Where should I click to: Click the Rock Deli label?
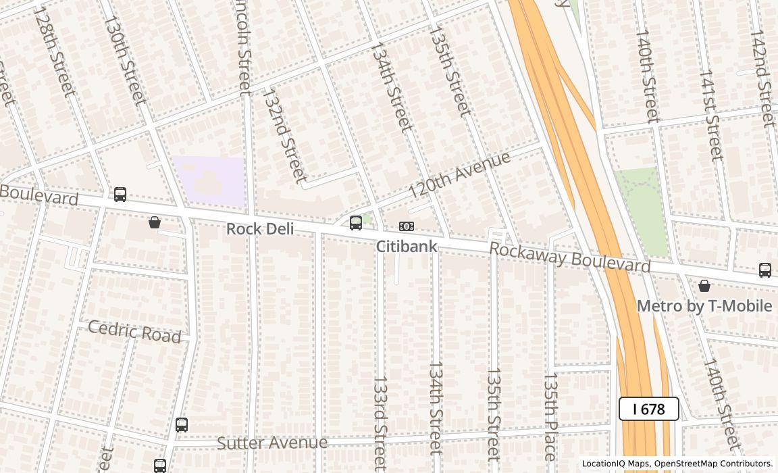coord(260,229)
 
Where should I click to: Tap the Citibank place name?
coord(407,247)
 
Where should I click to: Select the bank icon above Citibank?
coord(407,226)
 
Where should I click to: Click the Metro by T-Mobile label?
coord(704,306)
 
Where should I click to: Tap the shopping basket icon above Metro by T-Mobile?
coord(704,286)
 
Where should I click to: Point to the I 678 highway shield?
coord(649,409)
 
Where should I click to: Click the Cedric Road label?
coord(135,332)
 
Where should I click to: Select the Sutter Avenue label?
coord(272,443)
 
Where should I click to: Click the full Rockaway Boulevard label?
coord(569,257)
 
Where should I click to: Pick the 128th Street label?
coord(54,52)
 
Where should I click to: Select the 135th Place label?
coord(550,416)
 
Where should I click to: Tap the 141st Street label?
coord(710,115)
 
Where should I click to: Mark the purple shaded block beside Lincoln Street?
coord(208,181)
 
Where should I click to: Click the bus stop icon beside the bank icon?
coord(356,223)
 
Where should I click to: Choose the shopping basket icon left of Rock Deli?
coord(155,222)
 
